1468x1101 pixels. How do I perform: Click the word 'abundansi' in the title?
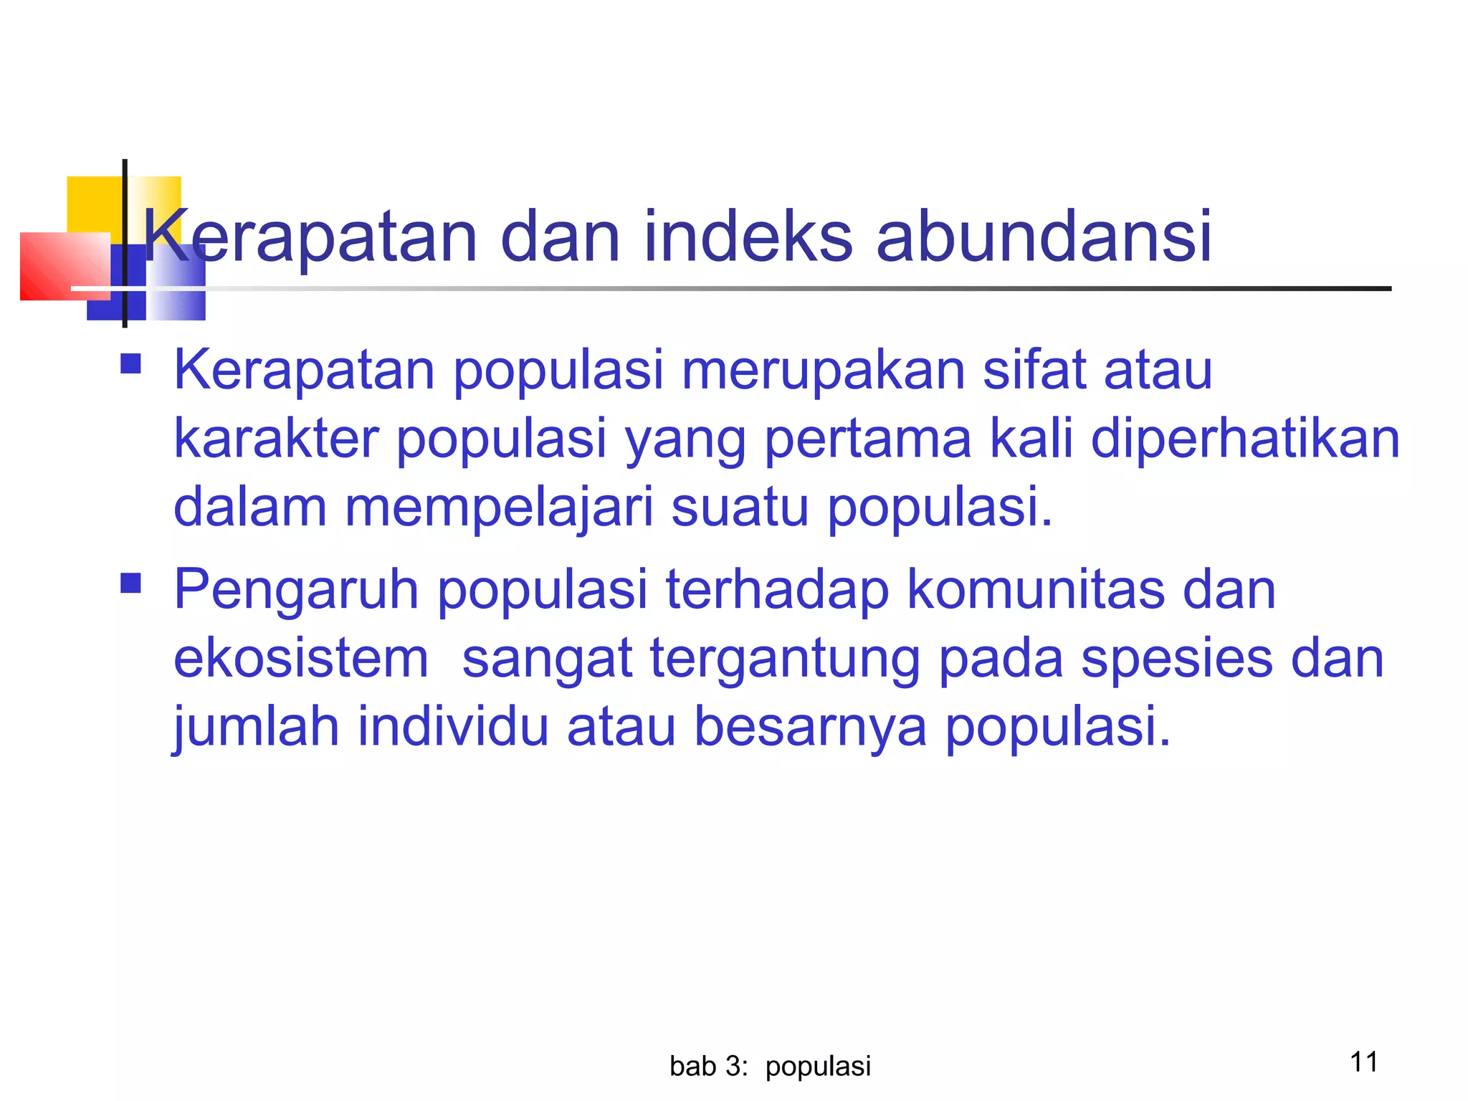(x=1044, y=237)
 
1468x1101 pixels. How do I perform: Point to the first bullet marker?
(x=130, y=364)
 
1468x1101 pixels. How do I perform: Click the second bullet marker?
(x=130, y=583)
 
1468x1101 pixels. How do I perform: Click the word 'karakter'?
(x=277, y=439)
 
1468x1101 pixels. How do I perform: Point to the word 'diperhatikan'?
(x=1245, y=439)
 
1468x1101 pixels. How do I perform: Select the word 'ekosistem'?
(x=301, y=659)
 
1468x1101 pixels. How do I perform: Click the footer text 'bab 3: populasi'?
(x=770, y=1067)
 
